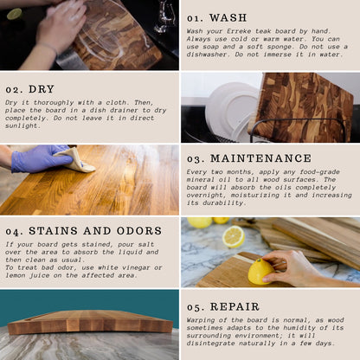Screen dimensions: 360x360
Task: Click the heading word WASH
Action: point(228,18)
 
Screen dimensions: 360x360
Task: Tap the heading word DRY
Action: point(42,89)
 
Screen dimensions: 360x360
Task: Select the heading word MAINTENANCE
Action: point(261,158)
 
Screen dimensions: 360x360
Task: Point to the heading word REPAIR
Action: point(235,306)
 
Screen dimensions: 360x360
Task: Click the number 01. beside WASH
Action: point(195,18)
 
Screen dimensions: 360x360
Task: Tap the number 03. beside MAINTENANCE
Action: point(196,159)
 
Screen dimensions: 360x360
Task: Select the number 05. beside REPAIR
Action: point(196,307)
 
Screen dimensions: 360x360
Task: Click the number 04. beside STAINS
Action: point(14,231)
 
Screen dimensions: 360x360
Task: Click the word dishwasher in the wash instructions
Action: point(206,55)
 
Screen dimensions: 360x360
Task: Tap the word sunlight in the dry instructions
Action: point(22,125)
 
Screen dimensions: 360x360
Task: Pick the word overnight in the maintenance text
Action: point(204,196)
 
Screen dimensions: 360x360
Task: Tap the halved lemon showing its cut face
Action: point(234,236)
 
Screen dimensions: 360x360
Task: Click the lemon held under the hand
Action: point(260,272)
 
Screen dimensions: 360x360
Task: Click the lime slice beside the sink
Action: point(15,14)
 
